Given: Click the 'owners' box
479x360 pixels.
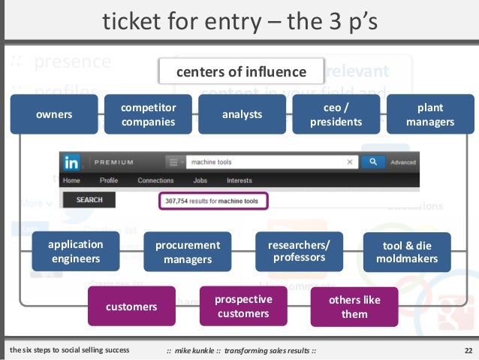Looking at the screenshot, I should click(53, 115).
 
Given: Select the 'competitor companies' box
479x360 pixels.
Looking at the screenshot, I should click(148, 115).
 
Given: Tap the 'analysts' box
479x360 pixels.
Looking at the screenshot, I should click(242, 115).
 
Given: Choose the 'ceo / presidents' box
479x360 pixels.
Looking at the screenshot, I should click(336, 115).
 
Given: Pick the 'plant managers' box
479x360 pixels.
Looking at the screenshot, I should click(430, 115).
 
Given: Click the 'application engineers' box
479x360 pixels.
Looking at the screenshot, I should click(75, 252).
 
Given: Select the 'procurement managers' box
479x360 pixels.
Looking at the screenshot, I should click(188, 252).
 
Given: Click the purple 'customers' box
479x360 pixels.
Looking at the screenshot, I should click(131, 306).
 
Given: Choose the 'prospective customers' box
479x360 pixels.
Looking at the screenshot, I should click(243, 306).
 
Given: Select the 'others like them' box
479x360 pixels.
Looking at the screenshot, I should click(354, 306).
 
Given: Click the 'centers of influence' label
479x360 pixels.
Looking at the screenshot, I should click(241, 72).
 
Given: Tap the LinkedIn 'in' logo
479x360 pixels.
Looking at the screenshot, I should click(72, 162).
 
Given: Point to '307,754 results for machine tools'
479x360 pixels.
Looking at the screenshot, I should click(213, 201).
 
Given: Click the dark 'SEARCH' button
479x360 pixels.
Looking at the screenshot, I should click(89, 200).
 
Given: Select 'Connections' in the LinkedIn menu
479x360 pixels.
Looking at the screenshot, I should click(155, 180).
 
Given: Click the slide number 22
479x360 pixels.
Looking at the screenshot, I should click(467, 350).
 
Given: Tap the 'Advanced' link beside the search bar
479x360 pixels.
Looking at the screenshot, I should click(403, 162).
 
